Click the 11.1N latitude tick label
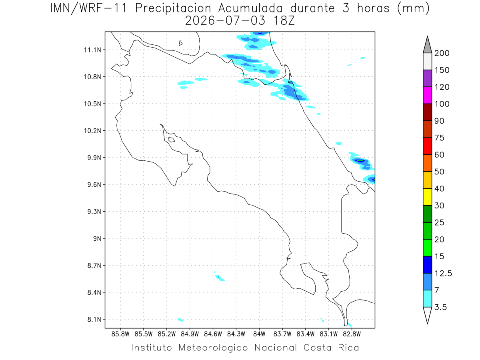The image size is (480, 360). point(92,50)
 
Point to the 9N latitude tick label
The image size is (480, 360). point(97,238)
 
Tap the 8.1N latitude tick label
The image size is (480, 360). point(94,319)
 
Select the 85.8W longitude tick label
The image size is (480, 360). point(120,334)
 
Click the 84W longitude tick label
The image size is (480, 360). point(259,334)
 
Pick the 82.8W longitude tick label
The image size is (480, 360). point(352,334)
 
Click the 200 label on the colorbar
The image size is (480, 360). point(442,53)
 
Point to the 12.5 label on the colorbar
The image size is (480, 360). point(443,274)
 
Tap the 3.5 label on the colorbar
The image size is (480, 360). point(440,307)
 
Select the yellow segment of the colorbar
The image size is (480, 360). point(427,197)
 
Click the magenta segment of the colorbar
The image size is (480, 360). point(427,95)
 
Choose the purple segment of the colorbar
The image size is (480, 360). point(427,78)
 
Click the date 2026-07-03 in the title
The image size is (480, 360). point(225,21)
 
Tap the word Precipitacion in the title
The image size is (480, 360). point(173,9)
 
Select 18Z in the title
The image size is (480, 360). point(284,21)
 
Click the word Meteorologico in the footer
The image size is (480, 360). point(213,348)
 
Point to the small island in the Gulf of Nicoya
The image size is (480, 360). point(172,140)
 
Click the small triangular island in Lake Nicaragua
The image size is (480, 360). point(180,43)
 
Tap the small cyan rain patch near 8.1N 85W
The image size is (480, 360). point(181,320)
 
